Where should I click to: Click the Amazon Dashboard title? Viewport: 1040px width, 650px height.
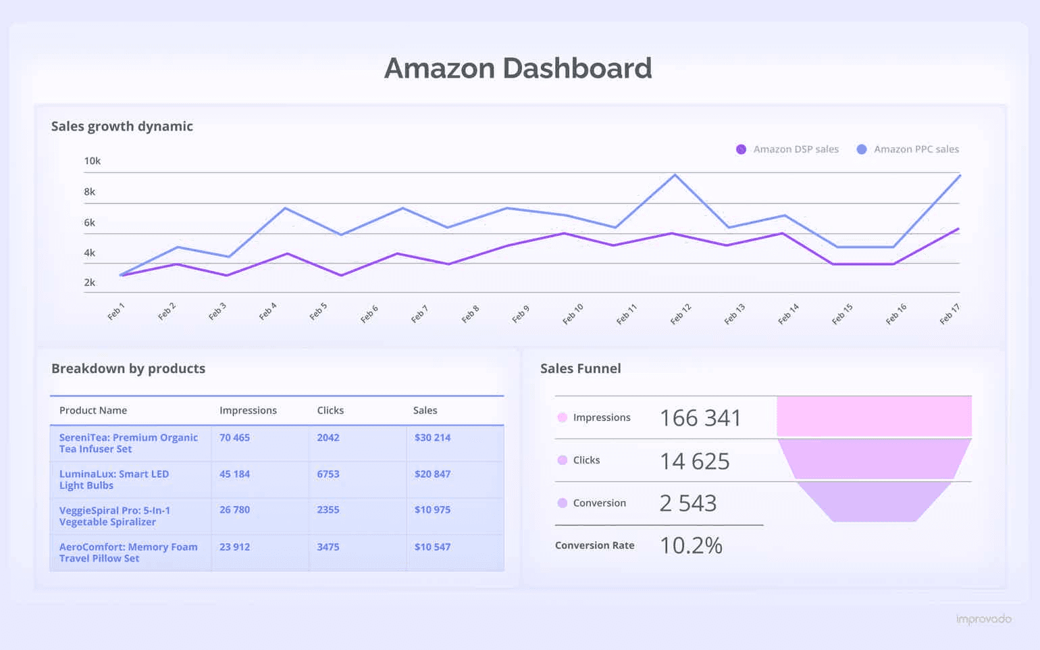pyautogui.click(x=518, y=68)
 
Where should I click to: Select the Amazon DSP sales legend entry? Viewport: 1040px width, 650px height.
pyautogui.click(x=787, y=149)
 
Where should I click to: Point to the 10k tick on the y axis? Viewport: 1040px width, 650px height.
pyautogui.click(x=92, y=161)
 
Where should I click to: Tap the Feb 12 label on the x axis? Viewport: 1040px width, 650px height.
pyautogui.click(x=681, y=314)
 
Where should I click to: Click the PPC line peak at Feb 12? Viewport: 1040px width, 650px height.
pyautogui.click(x=675, y=175)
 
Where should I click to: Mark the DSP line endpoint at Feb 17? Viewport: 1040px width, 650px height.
pyautogui.click(x=958, y=229)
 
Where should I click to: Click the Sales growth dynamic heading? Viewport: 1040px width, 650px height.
pyautogui.click(x=122, y=126)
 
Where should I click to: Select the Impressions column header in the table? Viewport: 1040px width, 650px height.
pyautogui.click(x=248, y=410)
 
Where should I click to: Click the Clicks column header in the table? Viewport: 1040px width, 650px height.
pyautogui.click(x=330, y=410)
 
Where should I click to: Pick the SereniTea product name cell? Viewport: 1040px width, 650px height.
pyautogui.click(x=128, y=443)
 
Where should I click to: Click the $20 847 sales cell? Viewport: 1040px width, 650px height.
pyautogui.click(x=432, y=474)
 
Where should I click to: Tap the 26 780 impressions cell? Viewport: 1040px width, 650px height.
pyautogui.click(x=234, y=509)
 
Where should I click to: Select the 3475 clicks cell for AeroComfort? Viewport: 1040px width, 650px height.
pyautogui.click(x=328, y=547)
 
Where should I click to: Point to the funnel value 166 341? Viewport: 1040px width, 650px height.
pyautogui.click(x=700, y=418)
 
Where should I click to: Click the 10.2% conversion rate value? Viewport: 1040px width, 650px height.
pyautogui.click(x=691, y=545)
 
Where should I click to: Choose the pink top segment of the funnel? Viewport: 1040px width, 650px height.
pyautogui.click(x=874, y=416)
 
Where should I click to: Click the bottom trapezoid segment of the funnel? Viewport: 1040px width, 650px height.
pyautogui.click(x=874, y=501)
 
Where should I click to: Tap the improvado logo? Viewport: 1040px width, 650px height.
pyautogui.click(x=983, y=619)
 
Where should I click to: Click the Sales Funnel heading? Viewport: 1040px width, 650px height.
pyautogui.click(x=580, y=368)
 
